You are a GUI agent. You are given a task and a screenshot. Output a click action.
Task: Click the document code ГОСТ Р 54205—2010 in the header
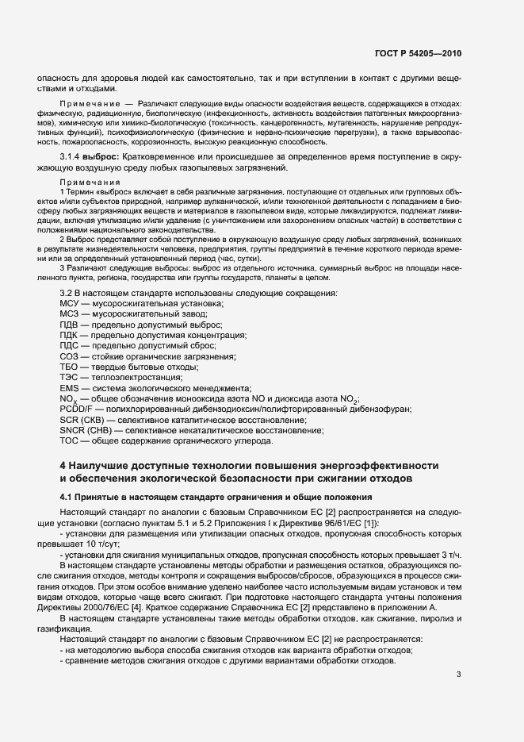tap(418, 54)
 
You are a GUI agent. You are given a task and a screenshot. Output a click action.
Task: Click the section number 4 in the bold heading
tap(64, 465)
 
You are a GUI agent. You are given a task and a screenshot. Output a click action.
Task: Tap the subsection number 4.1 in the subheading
tap(67, 497)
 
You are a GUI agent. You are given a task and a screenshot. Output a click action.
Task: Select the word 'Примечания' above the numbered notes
tap(85, 182)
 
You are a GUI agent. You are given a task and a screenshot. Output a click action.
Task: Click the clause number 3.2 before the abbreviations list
tap(67, 294)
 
